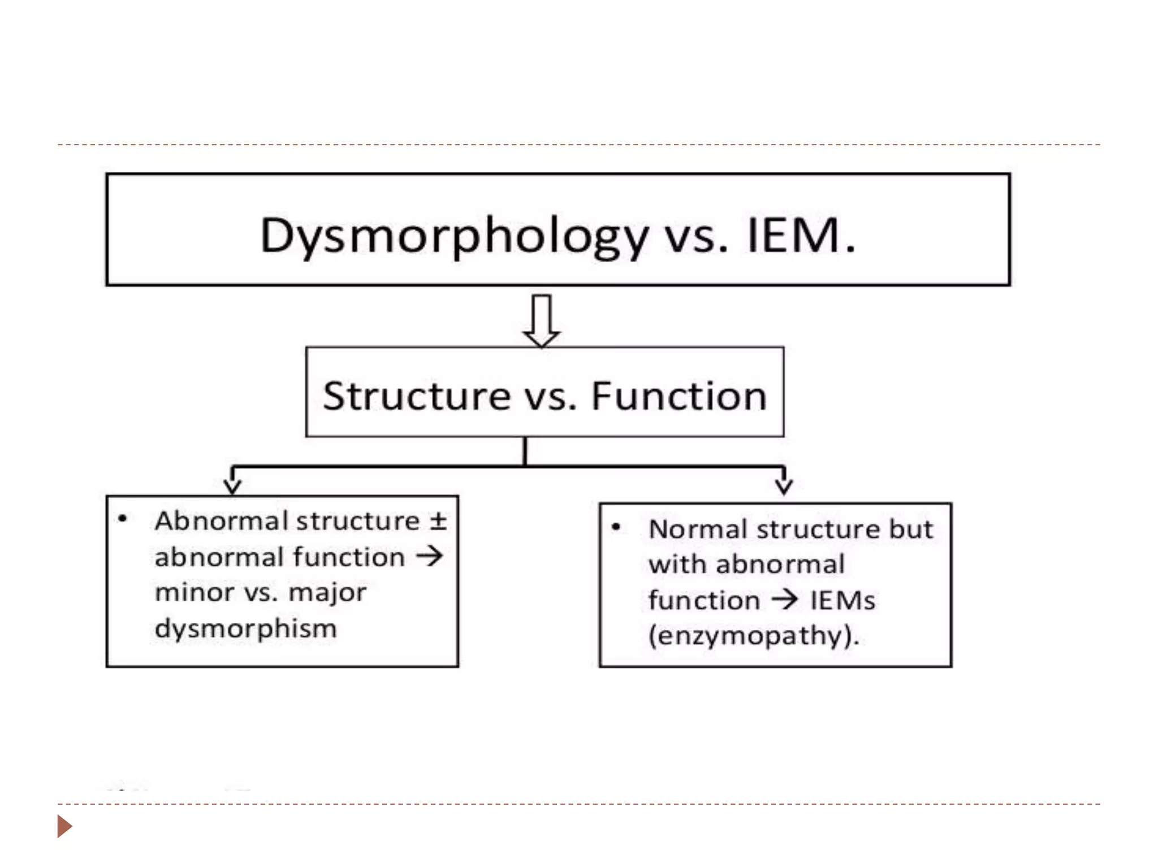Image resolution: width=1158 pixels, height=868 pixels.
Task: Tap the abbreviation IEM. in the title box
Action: [801, 235]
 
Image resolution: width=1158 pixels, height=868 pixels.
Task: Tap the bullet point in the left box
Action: [122, 519]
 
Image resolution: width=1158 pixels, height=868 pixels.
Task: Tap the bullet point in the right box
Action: [616, 527]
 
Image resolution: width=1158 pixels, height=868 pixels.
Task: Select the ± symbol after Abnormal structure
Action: [438, 520]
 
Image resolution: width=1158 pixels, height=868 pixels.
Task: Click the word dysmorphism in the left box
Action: [245, 628]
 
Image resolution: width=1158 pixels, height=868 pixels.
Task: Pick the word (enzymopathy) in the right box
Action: [752, 635]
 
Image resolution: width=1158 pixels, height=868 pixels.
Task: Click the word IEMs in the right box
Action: [842, 600]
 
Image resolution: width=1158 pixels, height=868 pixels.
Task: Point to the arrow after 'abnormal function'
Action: [430, 556]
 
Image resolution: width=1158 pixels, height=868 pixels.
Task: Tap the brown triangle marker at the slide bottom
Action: [64, 826]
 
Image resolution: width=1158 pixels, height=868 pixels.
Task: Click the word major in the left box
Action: [327, 593]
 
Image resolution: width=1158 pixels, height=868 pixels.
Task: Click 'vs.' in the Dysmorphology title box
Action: [695, 236]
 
